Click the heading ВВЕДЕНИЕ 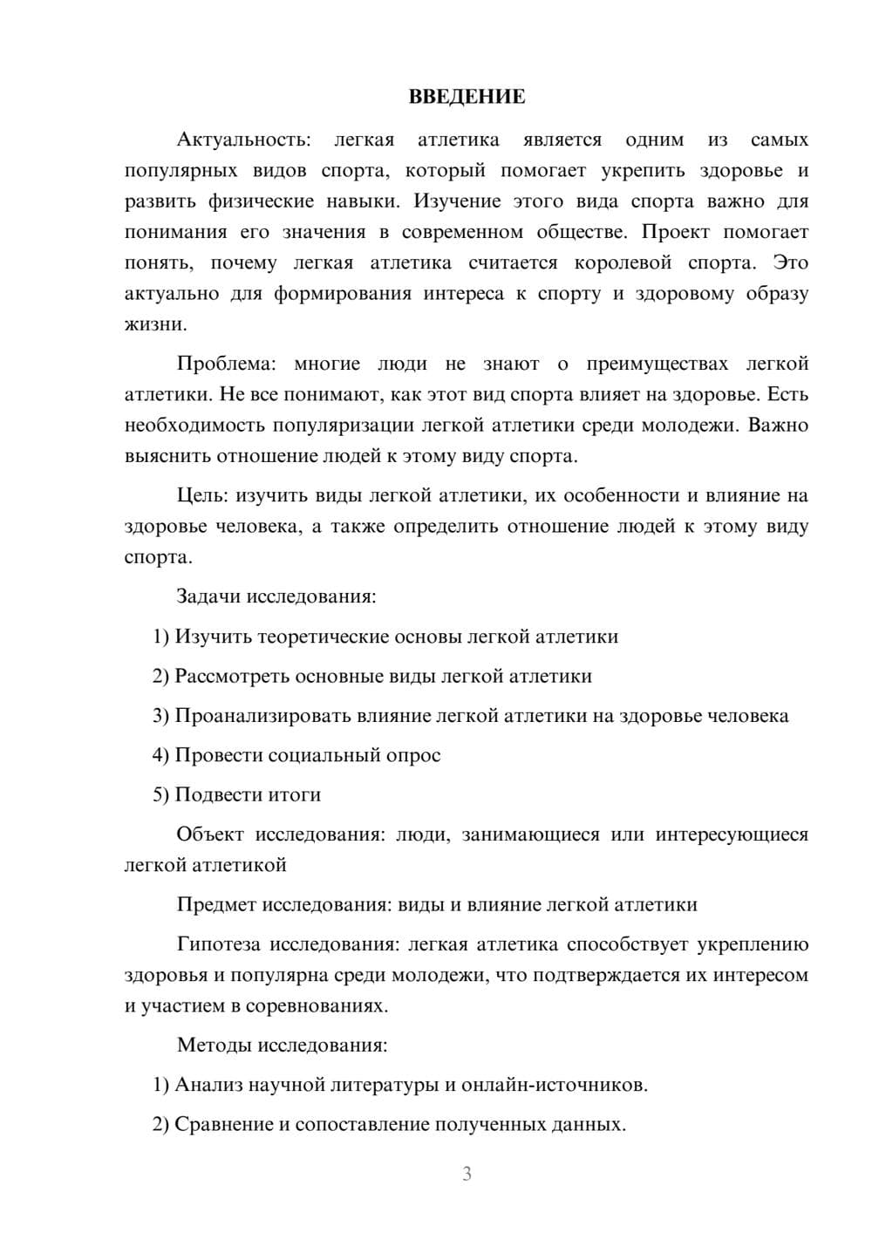[x=467, y=97]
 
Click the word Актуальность [x=242, y=140]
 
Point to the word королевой [x=623, y=262]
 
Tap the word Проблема [x=226, y=364]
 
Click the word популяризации [x=344, y=426]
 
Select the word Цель [x=201, y=495]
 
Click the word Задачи [x=208, y=596]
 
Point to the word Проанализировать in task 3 [x=262, y=716]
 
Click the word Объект [x=209, y=834]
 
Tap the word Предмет [x=215, y=904]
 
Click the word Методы [x=212, y=1045]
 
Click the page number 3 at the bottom [x=467, y=1174]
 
